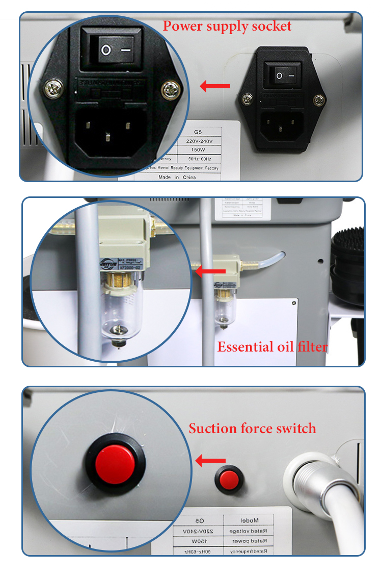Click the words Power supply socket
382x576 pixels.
click(x=227, y=26)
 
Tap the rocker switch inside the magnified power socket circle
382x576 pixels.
click(x=118, y=50)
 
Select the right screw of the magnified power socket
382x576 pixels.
click(x=171, y=90)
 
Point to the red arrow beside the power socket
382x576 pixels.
click(x=214, y=86)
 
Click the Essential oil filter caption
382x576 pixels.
click(x=272, y=347)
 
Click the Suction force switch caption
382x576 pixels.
click(x=253, y=429)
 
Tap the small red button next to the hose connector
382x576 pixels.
click(x=228, y=479)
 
